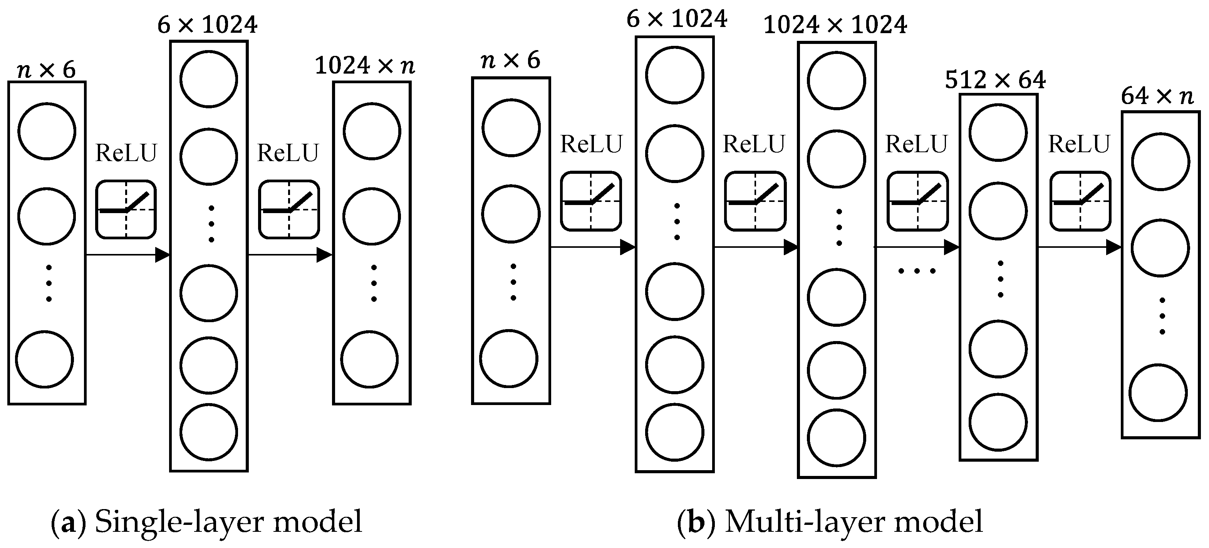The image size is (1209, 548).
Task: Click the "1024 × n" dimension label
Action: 365,66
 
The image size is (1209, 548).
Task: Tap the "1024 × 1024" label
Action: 835,25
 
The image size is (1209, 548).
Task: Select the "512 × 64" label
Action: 995,80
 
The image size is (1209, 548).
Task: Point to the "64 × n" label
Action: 1157,97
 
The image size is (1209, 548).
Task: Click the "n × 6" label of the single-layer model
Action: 46,71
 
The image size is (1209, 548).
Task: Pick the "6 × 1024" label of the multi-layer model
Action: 676,20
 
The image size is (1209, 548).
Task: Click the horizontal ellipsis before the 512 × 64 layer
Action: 917,271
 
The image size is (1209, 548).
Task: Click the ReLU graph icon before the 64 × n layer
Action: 1080,201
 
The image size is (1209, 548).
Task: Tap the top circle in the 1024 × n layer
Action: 372,131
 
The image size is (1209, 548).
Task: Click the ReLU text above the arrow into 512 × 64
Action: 916,144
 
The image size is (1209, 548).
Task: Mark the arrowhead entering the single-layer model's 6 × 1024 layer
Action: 163,255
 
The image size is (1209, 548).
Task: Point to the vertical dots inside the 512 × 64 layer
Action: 1000,279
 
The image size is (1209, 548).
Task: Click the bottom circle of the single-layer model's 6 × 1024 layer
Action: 208,432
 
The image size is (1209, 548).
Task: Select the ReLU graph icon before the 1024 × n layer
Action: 289,209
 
